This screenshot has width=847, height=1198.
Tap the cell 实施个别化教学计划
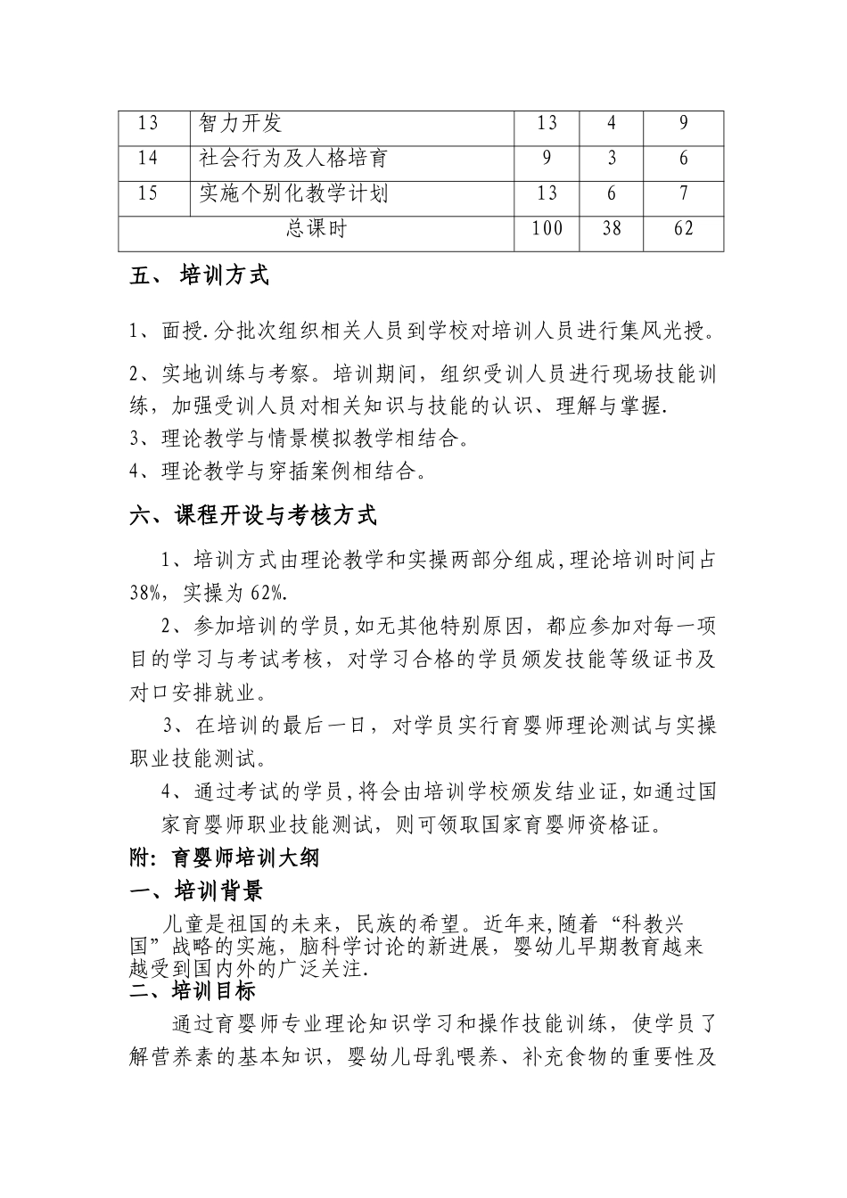(x=293, y=193)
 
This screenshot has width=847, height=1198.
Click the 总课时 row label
(x=316, y=229)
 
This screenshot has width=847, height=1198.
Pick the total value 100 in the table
(x=547, y=229)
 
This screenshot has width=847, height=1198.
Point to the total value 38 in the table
(x=611, y=229)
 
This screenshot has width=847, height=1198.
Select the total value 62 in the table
(x=683, y=229)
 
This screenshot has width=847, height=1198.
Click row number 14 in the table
(x=148, y=159)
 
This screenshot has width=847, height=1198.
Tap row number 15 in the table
(x=148, y=193)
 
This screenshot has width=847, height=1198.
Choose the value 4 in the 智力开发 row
(x=611, y=124)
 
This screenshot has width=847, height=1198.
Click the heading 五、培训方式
(x=200, y=276)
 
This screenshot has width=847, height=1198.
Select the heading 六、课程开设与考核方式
(x=253, y=515)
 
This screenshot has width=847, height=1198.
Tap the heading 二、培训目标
(x=193, y=990)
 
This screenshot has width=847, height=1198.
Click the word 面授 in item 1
(x=177, y=332)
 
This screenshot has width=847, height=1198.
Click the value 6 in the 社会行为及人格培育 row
(x=683, y=159)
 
